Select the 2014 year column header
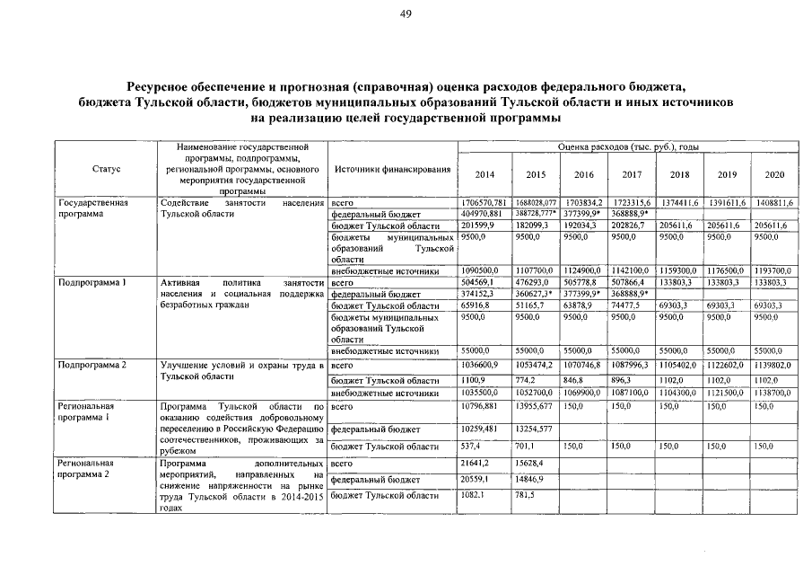point(484,174)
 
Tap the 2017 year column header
point(631,174)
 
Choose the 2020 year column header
point(773,174)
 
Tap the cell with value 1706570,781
point(484,203)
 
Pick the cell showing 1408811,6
point(773,203)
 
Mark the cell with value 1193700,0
point(773,270)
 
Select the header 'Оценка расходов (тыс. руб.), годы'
point(627,146)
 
